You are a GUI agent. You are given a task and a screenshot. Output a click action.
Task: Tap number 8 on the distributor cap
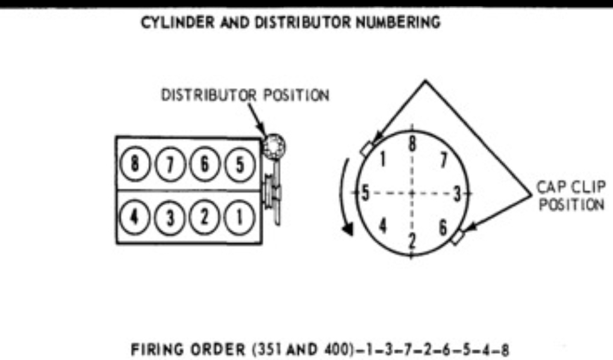click(x=412, y=145)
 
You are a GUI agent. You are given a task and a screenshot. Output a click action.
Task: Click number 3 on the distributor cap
click(x=456, y=193)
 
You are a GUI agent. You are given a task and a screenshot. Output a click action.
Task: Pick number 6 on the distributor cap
click(x=443, y=227)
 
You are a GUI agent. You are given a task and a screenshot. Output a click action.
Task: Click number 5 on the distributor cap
click(x=364, y=193)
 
